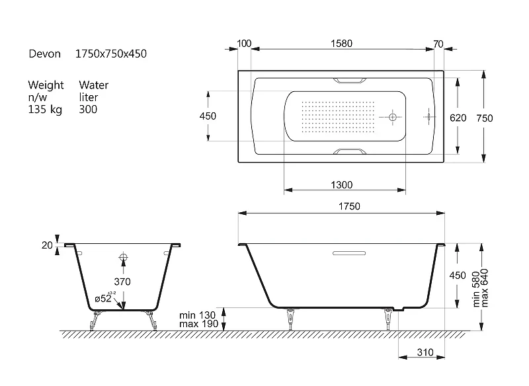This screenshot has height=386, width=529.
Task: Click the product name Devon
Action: [x=44, y=54]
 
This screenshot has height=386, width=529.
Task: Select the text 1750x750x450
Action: [x=111, y=54]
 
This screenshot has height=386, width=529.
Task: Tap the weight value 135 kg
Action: [x=45, y=110]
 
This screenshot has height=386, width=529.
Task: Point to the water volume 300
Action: [x=88, y=109]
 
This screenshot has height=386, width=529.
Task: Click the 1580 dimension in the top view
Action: [x=341, y=44]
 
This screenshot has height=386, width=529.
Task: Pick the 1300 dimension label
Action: [x=342, y=185]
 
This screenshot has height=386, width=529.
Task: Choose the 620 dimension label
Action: [x=458, y=118]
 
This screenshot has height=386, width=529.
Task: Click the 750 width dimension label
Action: [x=485, y=118]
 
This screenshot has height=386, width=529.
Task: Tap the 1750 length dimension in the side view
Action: [x=349, y=206]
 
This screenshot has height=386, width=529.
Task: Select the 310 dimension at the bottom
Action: [x=425, y=352]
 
